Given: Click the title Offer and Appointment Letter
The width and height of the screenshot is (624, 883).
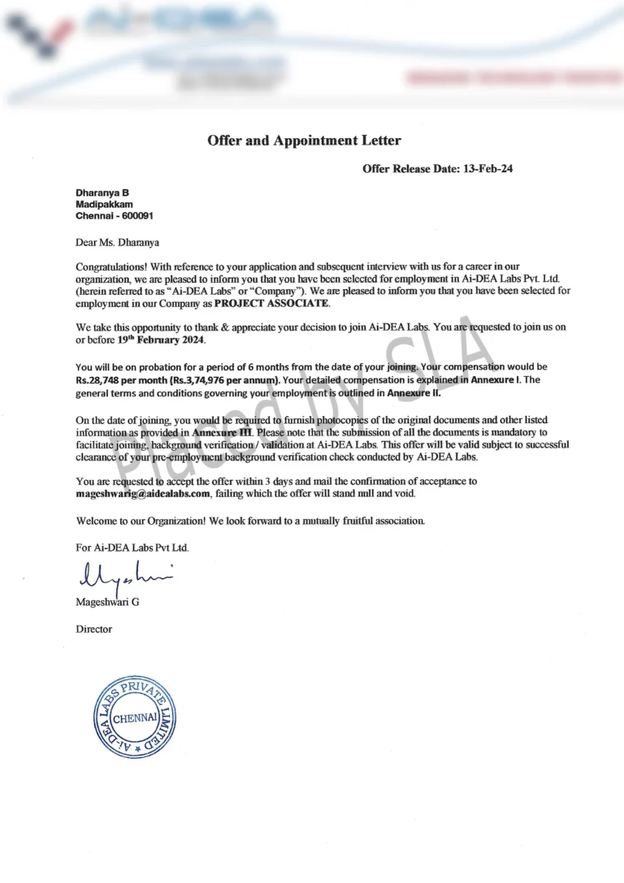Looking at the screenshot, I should pos(304,141).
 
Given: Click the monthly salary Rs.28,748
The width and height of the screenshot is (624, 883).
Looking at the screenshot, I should pos(103,379).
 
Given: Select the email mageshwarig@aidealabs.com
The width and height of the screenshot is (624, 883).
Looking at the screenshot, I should pos(143,493).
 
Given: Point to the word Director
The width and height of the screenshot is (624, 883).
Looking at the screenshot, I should pos(93,629).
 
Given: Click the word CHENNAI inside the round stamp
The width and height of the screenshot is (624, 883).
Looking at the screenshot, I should pos(136,719).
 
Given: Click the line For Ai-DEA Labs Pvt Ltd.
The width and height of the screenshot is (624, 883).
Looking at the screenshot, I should pos(132,548).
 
